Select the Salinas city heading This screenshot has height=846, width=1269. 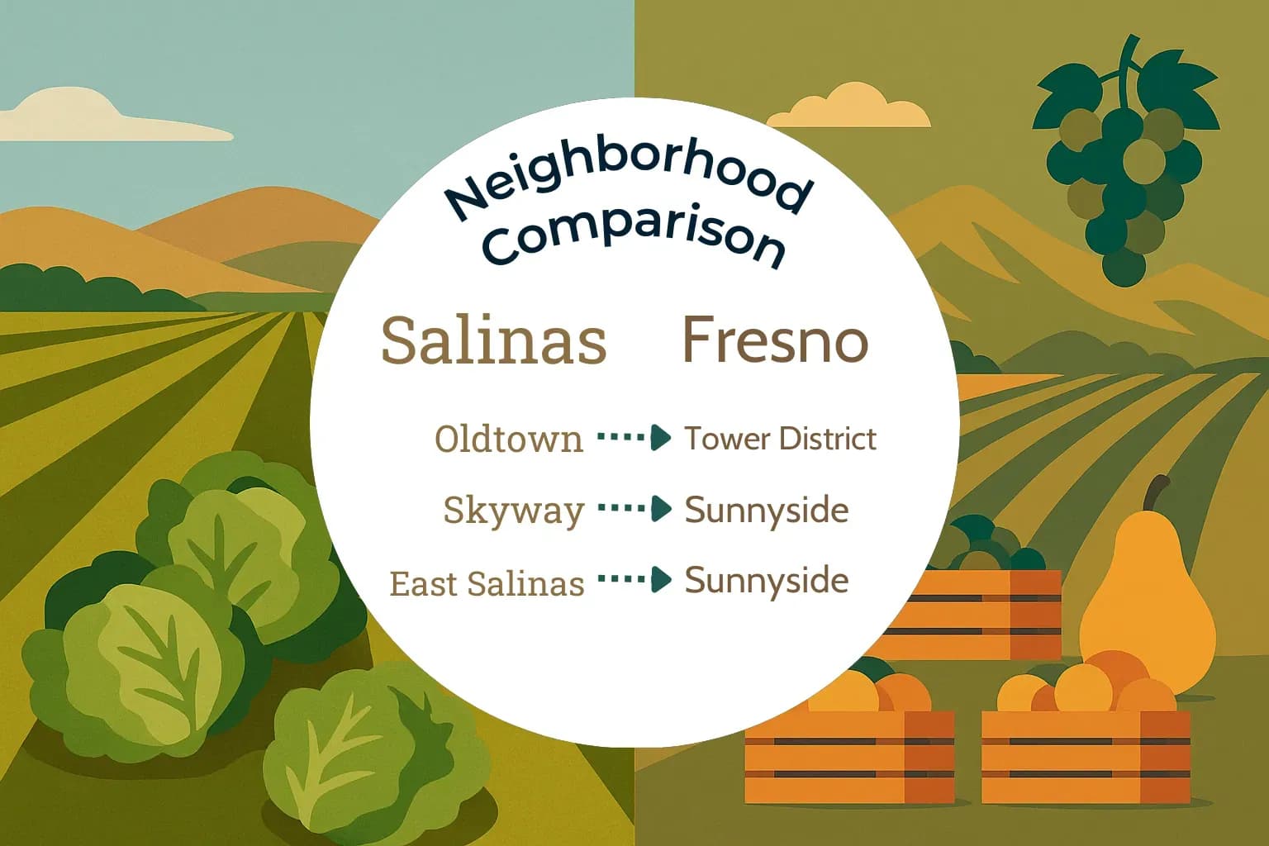(494, 340)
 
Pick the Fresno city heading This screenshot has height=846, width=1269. (775, 340)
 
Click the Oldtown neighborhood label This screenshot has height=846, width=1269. (509, 440)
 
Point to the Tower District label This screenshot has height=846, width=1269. (780, 439)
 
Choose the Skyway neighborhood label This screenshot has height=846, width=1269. (514, 510)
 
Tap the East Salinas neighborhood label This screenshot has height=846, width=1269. (487, 583)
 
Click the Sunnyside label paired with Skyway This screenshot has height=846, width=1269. (766, 511)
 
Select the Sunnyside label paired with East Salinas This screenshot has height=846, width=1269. (766, 580)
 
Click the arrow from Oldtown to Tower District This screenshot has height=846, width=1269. (634, 438)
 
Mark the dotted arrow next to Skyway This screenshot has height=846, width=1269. (634, 508)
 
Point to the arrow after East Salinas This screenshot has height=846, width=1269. (634, 579)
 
